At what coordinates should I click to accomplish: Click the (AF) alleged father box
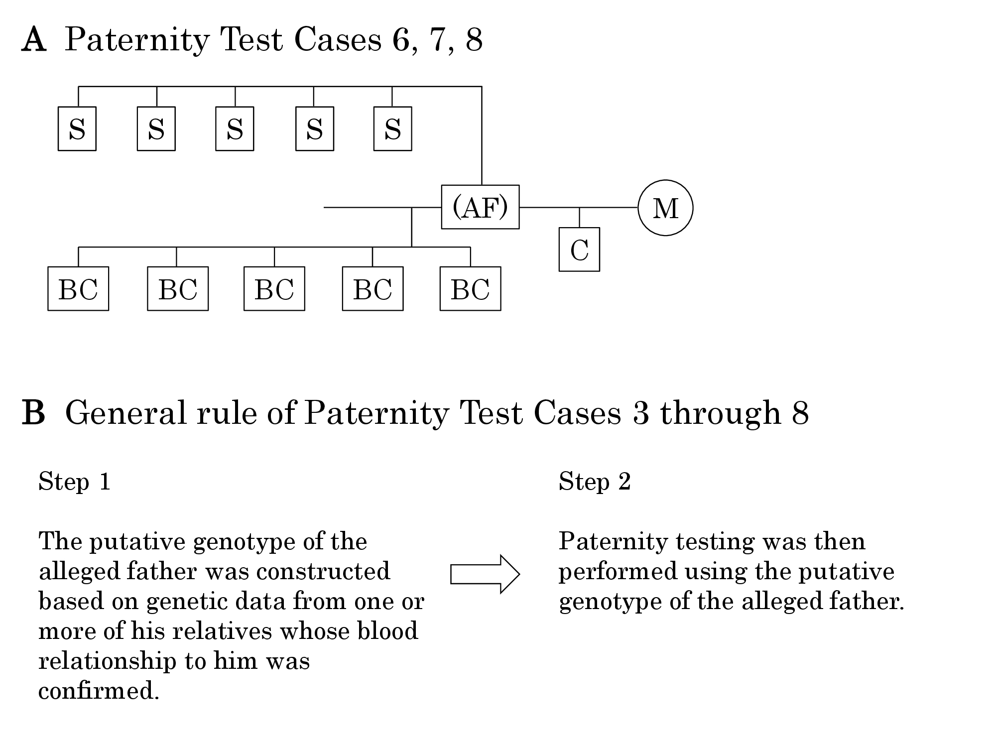pyautogui.click(x=480, y=207)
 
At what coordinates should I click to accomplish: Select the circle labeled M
pyautogui.click(x=665, y=208)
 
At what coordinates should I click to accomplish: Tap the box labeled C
pyautogui.click(x=579, y=249)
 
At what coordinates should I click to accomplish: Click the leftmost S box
pyautogui.click(x=77, y=128)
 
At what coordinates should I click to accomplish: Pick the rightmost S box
pyautogui.click(x=393, y=128)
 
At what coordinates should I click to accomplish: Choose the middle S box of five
pyautogui.click(x=235, y=128)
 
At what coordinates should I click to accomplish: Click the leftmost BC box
pyautogui.click(x=78, y=289)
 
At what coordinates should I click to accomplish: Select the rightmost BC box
pyautogui.click(x=471, y=289)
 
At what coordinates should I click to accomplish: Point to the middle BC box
pyautogui.click(x=274, y=289)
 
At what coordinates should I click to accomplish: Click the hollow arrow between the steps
pyautogui.click(x=485, y=574)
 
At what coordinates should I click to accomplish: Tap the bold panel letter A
pyautogui.click(x=34, y=40)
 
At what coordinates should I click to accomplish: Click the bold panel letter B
pyautogui.click(x=33, y=413)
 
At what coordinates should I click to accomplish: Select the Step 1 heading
pyautogui.click(x=75, y=482)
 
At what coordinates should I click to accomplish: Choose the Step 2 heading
pyautogui.click(x=595, y=482)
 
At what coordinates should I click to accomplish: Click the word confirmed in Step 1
pyautogui.click(x=99, y=691)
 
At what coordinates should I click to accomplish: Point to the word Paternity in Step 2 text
pyautogui.click(x=613, y=542)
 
